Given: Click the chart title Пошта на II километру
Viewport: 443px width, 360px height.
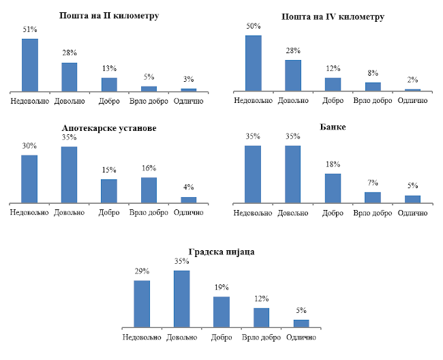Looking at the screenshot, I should pyautogui.click(x=110, y=15).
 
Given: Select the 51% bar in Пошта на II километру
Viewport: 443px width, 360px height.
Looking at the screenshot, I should pyautogui.click(x=30, y=65).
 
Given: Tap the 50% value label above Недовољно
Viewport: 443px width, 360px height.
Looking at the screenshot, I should pyautogui.click(x=254, y=25).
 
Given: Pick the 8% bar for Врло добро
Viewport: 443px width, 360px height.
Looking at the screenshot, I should pyautogui.click(x=373, y=87).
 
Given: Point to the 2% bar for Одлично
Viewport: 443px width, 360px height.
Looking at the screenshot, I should pyautogui.click(x=413, y=90).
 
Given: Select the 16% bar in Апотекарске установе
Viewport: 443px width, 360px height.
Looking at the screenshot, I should pyautogui.click(x=149, y=190).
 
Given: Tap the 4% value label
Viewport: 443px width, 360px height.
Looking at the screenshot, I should pyautogui.click(x=189, y=187).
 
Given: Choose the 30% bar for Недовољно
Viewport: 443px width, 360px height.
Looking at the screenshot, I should pyautogui.click(x=29, y=179).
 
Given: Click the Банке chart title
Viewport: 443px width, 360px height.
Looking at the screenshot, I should pyautogui.click(x=332, y=127).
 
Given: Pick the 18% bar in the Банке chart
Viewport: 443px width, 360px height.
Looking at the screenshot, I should pyautogui.click(x=333, y=188).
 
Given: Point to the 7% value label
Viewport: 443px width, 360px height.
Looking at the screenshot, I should pyautogui.click(x=373, y=182).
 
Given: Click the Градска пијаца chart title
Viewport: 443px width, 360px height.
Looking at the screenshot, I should pyautogui.click(x=221, y=252).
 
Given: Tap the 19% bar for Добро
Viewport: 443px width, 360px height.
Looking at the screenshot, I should pyautogui.click(x=221, y=313).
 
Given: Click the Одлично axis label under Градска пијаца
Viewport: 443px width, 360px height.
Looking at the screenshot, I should pyautogui.click(x=301, y=337).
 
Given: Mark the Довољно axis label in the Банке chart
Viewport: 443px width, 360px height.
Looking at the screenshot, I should pyautogui.click(x=293, y=213).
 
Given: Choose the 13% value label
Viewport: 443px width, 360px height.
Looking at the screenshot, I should pyautogui.click(x=109, y=68).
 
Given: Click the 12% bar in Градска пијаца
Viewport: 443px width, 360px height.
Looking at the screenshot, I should pyautogui.click(x=262, y=318).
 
